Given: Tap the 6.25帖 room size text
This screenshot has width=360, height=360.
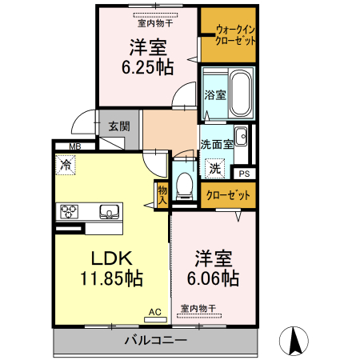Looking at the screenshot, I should tap(147, 67).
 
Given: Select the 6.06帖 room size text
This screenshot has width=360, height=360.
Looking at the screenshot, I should tap(213, 278).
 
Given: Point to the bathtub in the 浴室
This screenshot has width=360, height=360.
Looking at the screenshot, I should tap(239, 94).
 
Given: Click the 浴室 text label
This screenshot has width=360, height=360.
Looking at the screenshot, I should tap(214, 94).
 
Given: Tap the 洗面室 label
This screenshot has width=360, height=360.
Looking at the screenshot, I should tap(216, 145).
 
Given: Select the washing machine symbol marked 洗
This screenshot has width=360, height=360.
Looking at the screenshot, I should tap(215, 168).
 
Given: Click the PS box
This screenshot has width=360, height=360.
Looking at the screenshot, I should tap(244, 173).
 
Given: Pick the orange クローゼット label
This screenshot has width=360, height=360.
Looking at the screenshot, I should tap(228, 195).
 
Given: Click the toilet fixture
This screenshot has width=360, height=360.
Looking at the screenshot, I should tap(185, 182).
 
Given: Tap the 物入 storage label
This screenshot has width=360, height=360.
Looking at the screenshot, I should tap(162, 195).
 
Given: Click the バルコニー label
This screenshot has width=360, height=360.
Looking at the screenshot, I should tap(155, 341).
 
